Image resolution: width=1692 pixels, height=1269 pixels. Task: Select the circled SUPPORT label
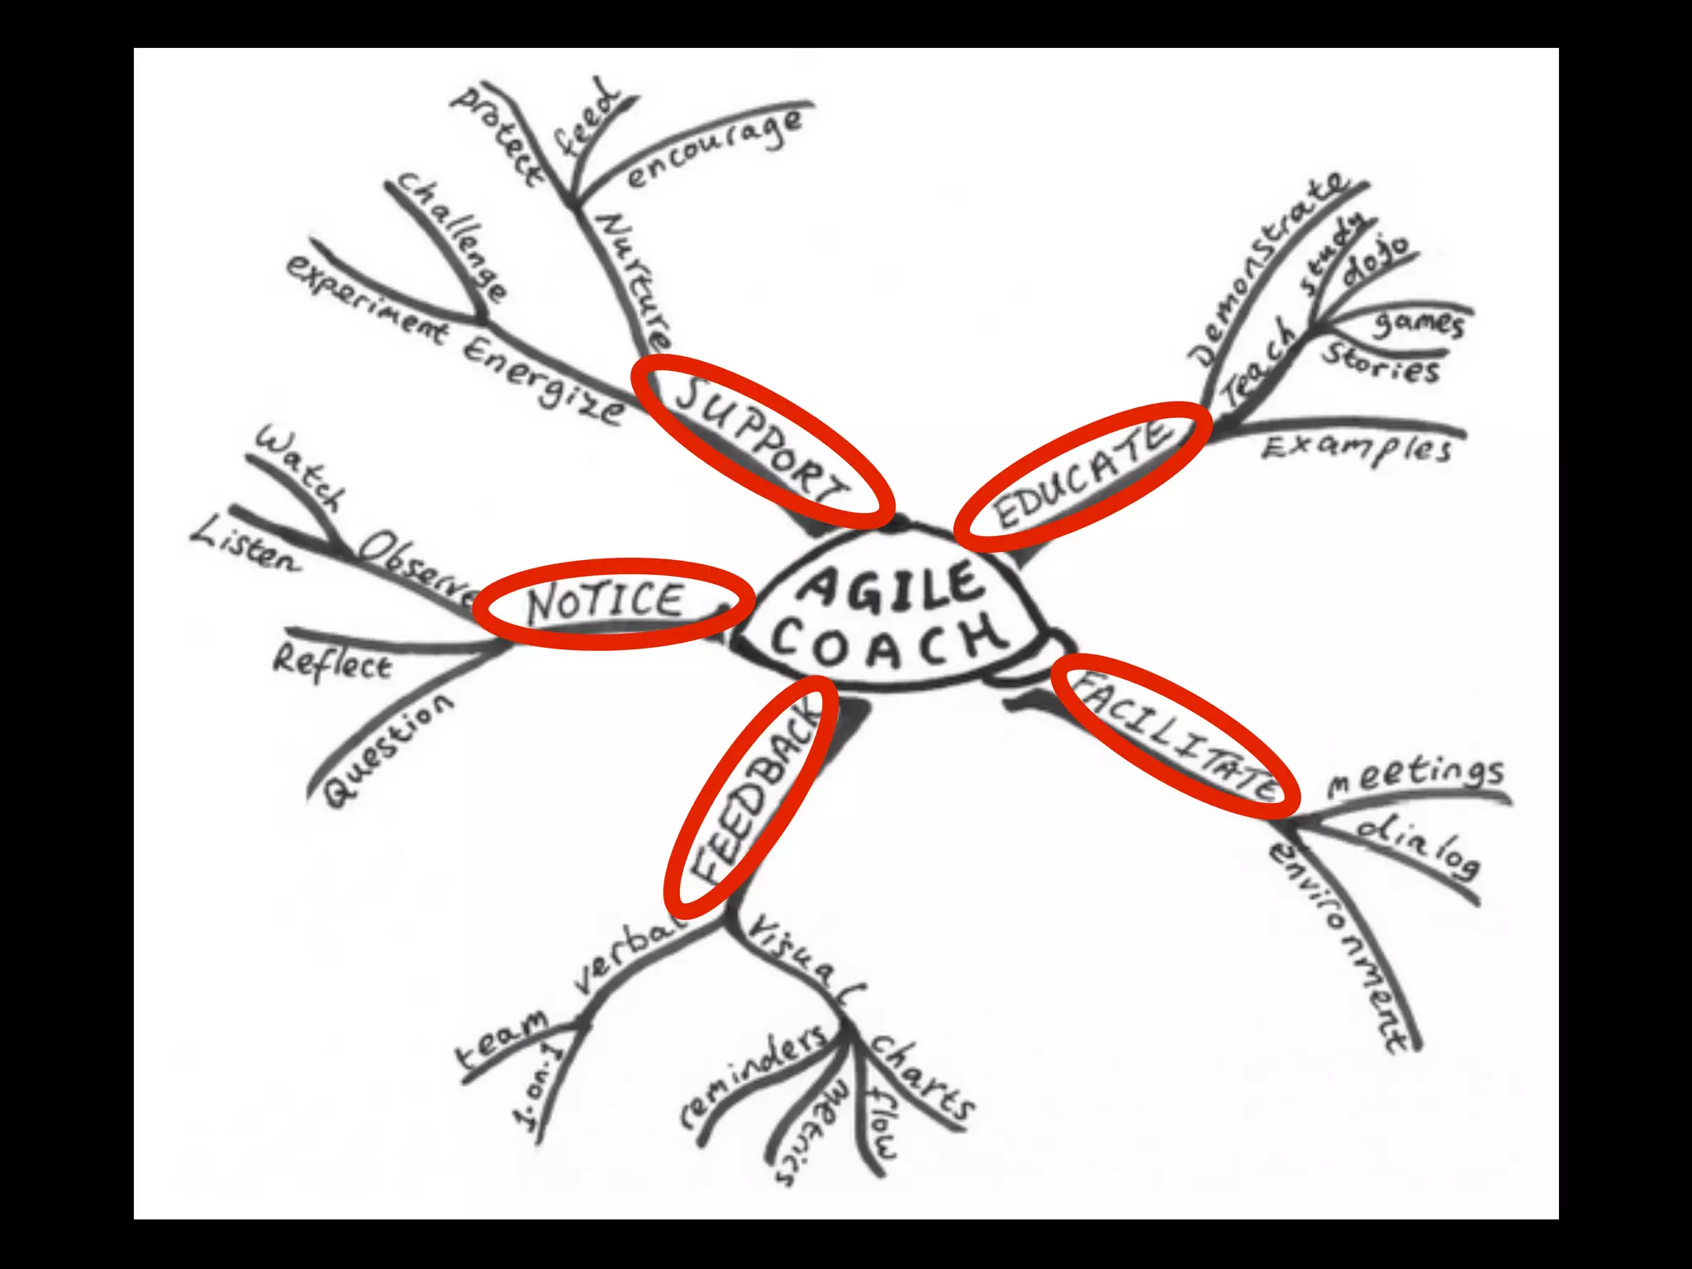click(x=762, y=441)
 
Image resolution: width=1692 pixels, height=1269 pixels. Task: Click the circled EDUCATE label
click(x=1082, y=475)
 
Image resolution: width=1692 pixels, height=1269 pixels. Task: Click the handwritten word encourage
click(x=715, y=149)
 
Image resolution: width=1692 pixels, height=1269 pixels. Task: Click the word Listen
click(x=246, y=545)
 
